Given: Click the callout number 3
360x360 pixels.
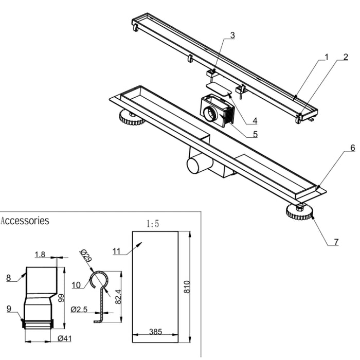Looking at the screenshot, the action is pyautogui.click(x=232, y=35).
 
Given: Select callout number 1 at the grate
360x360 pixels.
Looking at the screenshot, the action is pyautogui.click(x=327, y=57).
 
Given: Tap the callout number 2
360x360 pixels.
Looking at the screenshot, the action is pyautogui.click(x=346, y=57).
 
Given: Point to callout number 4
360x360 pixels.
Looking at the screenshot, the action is pyautogui.click(x=255, y=120).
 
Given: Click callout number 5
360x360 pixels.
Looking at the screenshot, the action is pyautogui.click(x=255, y=134).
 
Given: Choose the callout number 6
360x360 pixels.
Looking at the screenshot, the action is pyautogui.click(x=353, y=148).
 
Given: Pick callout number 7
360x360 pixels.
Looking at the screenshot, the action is pyautogui.click(x=336, y=242).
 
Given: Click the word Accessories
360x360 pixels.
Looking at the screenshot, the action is pyautogui.click(x=25, y=221).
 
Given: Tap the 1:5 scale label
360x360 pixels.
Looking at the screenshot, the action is pyautogui.click(x=153, y=224).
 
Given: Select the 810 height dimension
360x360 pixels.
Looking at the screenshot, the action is pyautogui.click(x=187, y=286).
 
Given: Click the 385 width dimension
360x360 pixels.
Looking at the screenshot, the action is pyautogui.click(x=155, y=332).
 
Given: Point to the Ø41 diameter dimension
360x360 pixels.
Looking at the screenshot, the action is pyautogui.click(x=64, y=338).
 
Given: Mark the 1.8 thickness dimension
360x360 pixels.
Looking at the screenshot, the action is pyautogui.click(x=40, y=255).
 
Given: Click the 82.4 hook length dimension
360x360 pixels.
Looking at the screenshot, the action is pyautogui.click(x=118, y=297).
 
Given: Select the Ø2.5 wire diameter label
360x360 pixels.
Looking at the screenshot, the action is pyautogui.click(x=79, y=310).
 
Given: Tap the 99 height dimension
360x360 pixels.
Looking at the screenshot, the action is pyautogui.click(x=61, y=298).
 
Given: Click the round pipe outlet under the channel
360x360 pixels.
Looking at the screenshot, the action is pyautogui.click(x=194, y=165).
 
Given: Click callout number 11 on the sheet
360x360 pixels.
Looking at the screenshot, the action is pyautogui.click(x=116, y=251).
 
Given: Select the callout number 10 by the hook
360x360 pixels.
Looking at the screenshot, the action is pyautogui.click(x=76, y=285).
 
